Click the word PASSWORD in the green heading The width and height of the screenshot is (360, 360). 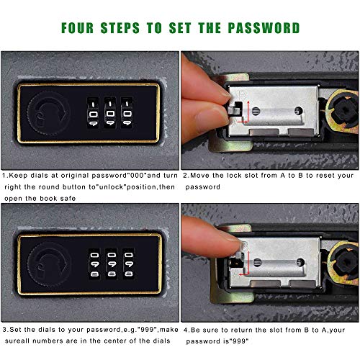[264, 28]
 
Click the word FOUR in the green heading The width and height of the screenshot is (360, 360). [77, 28]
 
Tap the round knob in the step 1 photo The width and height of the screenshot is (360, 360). [48, 114]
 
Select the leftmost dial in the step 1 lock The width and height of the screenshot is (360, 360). [93, 112]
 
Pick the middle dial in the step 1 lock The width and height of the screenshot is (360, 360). [110, 112]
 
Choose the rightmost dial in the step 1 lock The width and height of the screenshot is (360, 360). [127, 112]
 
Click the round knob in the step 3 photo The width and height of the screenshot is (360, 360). [49, 264]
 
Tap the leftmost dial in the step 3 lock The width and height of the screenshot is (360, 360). [94, 264]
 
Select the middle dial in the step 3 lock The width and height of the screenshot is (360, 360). [112, 264]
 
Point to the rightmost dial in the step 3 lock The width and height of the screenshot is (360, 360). [129, 264]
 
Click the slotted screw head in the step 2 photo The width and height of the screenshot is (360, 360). [256, 111]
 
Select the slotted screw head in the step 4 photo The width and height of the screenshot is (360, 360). [257, 263]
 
